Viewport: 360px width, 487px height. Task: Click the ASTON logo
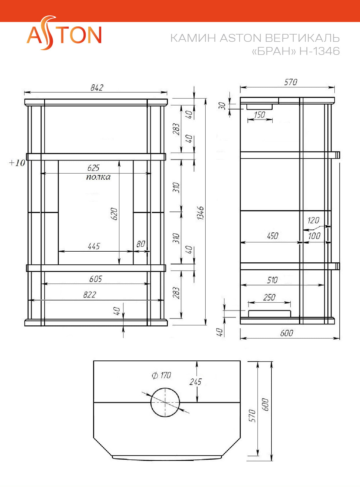coord(64,33)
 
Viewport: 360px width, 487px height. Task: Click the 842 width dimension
coord(97,88)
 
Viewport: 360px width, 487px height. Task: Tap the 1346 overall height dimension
coord(200,213)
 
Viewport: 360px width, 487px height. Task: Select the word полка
coord(98,177)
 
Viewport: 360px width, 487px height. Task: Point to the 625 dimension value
coord(93,168)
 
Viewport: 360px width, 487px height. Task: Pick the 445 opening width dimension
coord(94,246)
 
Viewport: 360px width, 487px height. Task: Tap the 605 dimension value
coord(96,279)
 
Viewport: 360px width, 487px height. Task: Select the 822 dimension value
coord(90,295)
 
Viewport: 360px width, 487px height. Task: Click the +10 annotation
coord(17,163)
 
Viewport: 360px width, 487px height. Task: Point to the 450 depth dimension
coord(273,236)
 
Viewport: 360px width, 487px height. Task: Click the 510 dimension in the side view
coord(272,280)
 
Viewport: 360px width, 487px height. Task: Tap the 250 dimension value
coord(269,297)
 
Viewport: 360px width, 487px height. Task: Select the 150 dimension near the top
coord(260,115)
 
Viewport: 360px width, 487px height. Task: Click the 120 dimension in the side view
coord(314,220)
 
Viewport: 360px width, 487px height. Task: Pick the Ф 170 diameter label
coord(161,375)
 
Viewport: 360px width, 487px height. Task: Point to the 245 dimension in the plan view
coord(195,382)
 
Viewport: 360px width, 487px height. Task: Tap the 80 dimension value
coord(141,244)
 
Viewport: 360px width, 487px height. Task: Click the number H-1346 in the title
coord(320,51)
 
